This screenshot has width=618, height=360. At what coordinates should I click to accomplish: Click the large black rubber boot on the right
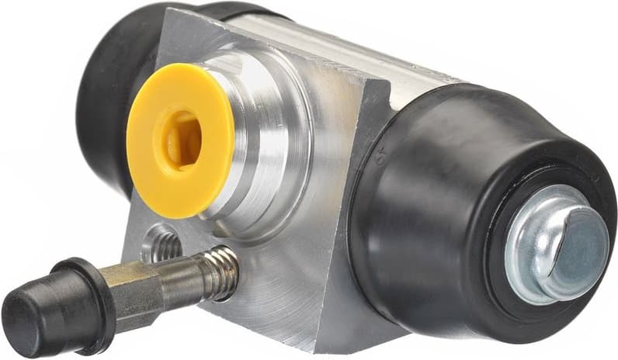click(x=435, y=194)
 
